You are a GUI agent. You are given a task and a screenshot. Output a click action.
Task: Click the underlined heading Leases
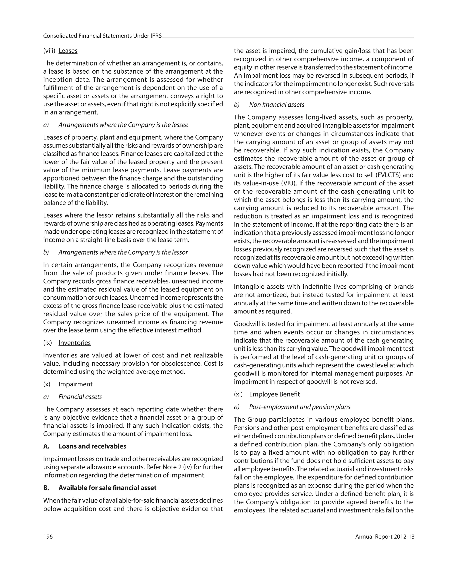pos(68,51)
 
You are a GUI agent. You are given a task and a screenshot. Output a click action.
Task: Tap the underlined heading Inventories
pos(74,343)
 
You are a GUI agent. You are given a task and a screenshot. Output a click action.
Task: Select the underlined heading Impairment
pos(75,384)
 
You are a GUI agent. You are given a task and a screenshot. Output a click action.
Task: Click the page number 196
pos(48,537)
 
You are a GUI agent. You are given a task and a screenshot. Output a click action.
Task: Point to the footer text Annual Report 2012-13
pos(384,537)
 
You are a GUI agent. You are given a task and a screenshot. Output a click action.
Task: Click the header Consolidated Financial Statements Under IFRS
pos(102,36)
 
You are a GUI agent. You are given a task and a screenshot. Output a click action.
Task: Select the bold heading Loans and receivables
pos(92,446)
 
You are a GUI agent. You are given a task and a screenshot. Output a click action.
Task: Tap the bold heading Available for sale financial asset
pos(107,488)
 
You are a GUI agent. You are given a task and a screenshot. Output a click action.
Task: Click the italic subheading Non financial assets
pos(276,105)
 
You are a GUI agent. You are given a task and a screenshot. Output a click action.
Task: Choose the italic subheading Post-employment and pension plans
pos(299,407)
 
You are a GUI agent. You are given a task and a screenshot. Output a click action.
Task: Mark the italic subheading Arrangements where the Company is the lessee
pos(123,125)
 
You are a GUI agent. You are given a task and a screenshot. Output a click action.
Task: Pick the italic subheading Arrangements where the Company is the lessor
pos(123,252)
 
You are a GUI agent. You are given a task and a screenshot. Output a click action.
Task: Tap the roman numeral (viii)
pos(49,51)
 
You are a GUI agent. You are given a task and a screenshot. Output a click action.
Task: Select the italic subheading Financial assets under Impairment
pos(80,397)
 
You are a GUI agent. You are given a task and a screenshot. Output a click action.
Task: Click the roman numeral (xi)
pos(238,394)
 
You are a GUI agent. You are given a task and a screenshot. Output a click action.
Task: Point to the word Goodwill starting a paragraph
pos(246,324)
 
